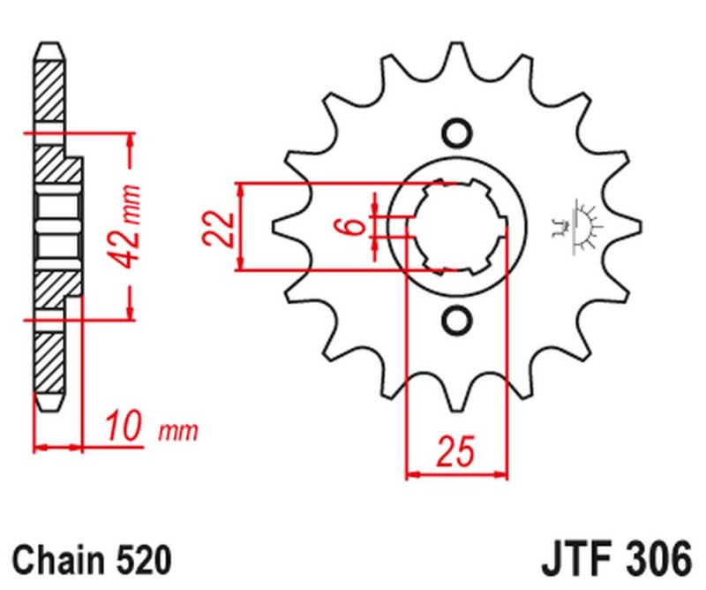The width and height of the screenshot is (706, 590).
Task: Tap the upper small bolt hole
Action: (456, 132)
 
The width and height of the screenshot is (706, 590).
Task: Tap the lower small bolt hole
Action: (456, 320)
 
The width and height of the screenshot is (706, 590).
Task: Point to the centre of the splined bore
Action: (456, 227)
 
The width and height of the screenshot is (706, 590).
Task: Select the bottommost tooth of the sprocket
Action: (456, 397)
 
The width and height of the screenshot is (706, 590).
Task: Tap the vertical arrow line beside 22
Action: (241, 228)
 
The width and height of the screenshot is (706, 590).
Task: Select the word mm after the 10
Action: (178, 432)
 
